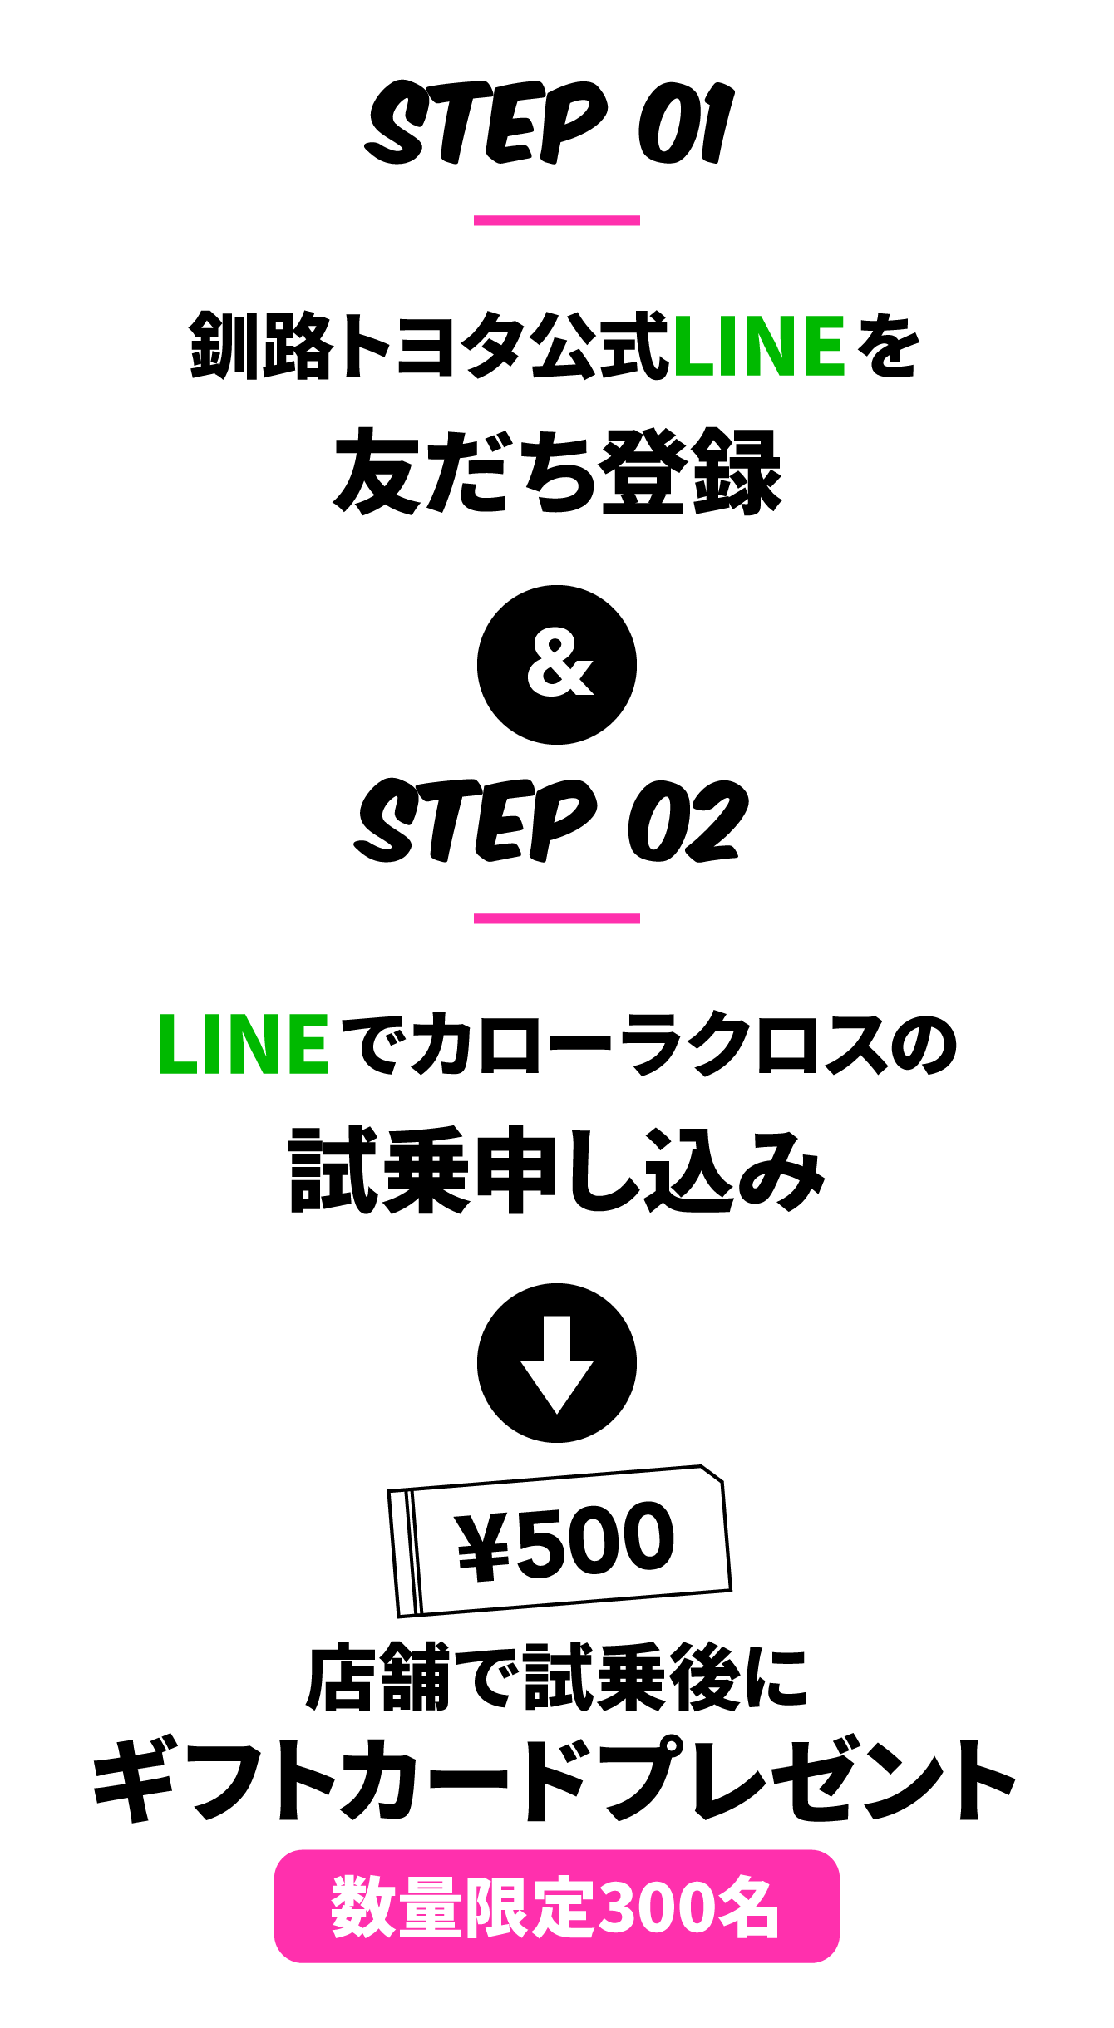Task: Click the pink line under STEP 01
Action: tap(556, 220)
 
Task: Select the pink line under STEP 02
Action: tap(556, 918)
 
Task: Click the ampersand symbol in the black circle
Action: tap(559, 666)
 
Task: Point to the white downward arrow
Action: tap(557, 1364)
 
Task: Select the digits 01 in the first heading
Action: tap(686, 125)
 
